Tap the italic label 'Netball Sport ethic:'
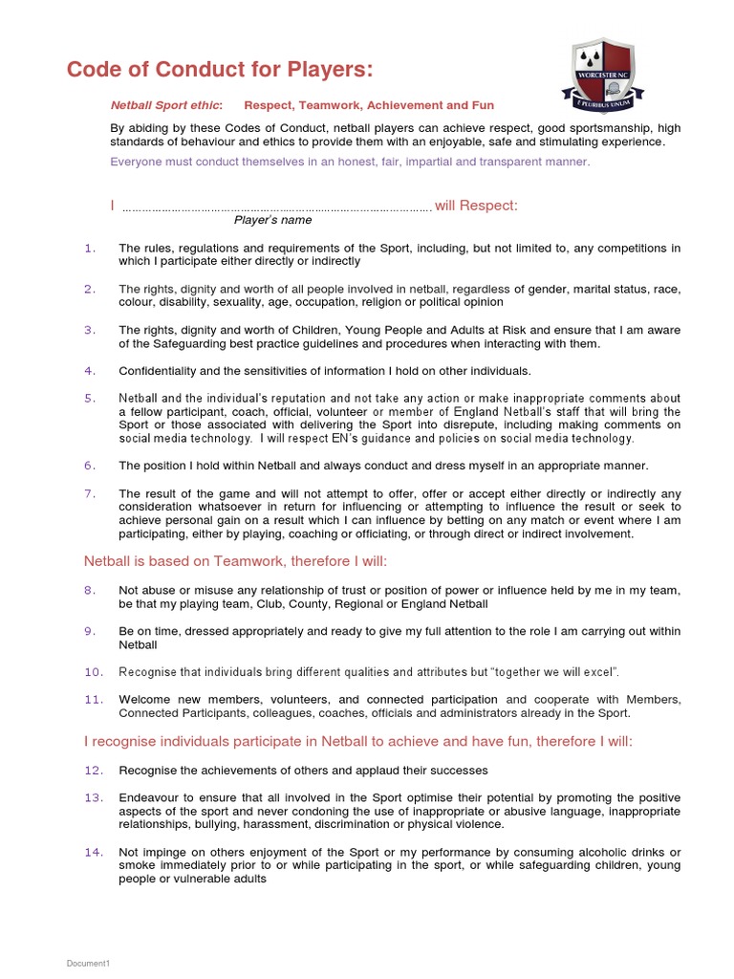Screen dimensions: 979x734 [x=166, y=105]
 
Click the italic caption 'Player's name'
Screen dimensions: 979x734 [x=273, y=220]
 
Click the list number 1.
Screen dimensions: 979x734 [x=90, y=249]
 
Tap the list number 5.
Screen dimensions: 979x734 [x=90, y=398]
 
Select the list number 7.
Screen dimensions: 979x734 [x=90, y=493]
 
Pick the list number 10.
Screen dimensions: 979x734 [x=93, y=672]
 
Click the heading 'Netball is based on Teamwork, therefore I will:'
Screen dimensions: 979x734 [x=236, y=561]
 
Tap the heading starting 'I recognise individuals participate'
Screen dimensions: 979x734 [x=357, y=741]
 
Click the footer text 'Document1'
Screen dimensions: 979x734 [x=88, y=963]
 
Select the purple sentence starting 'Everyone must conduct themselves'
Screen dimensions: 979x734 [x=350, y=162]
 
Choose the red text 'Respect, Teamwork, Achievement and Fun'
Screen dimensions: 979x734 [x=369, y=105]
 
